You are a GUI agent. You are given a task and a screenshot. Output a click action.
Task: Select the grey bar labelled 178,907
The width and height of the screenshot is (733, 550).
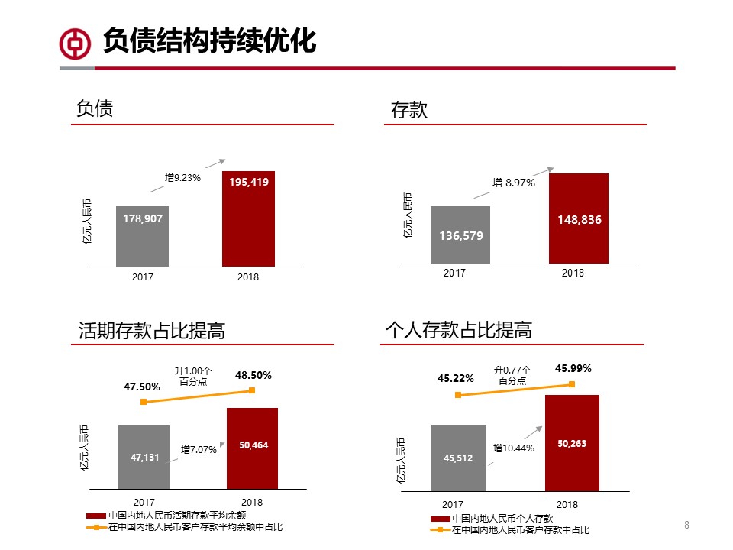pos(143,236)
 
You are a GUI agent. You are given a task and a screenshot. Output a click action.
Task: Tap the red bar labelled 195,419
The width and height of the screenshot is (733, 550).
pos(249,218)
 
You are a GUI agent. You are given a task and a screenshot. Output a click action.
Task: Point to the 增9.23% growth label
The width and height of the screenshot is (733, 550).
pos(182,178)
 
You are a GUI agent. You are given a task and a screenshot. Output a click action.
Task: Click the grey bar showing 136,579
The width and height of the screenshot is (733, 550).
pos(460,235)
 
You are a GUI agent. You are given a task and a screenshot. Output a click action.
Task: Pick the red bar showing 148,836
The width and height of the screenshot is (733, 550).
pos(579,218)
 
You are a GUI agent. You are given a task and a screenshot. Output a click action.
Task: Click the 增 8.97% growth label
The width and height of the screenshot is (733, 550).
pos(513,183)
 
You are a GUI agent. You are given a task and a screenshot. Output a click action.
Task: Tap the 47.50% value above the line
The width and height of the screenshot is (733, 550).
pos(142,387)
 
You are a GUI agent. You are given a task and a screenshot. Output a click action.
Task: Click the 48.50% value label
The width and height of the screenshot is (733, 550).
pos(253,375)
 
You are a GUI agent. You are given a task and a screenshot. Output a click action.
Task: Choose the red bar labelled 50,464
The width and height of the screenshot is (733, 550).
pos(253,448)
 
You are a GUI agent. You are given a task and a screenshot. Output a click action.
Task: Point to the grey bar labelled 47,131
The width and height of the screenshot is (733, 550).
pos(144,457)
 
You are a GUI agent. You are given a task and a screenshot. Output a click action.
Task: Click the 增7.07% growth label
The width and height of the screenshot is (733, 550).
pos(199,450)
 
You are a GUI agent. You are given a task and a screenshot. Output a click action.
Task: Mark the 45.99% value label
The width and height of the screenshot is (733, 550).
pos(573,368)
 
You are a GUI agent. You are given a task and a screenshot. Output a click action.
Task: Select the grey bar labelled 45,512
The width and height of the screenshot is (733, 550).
pos(458,458)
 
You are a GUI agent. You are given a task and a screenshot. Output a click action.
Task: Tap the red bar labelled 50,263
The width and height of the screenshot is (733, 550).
pos(572,443)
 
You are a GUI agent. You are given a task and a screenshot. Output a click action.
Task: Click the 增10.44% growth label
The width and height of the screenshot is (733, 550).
pos(513,448)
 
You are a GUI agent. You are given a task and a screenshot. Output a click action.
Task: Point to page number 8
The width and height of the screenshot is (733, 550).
pos(686,525)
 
